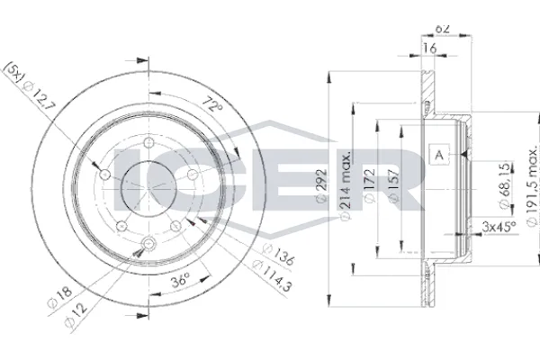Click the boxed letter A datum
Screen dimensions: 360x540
439,155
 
